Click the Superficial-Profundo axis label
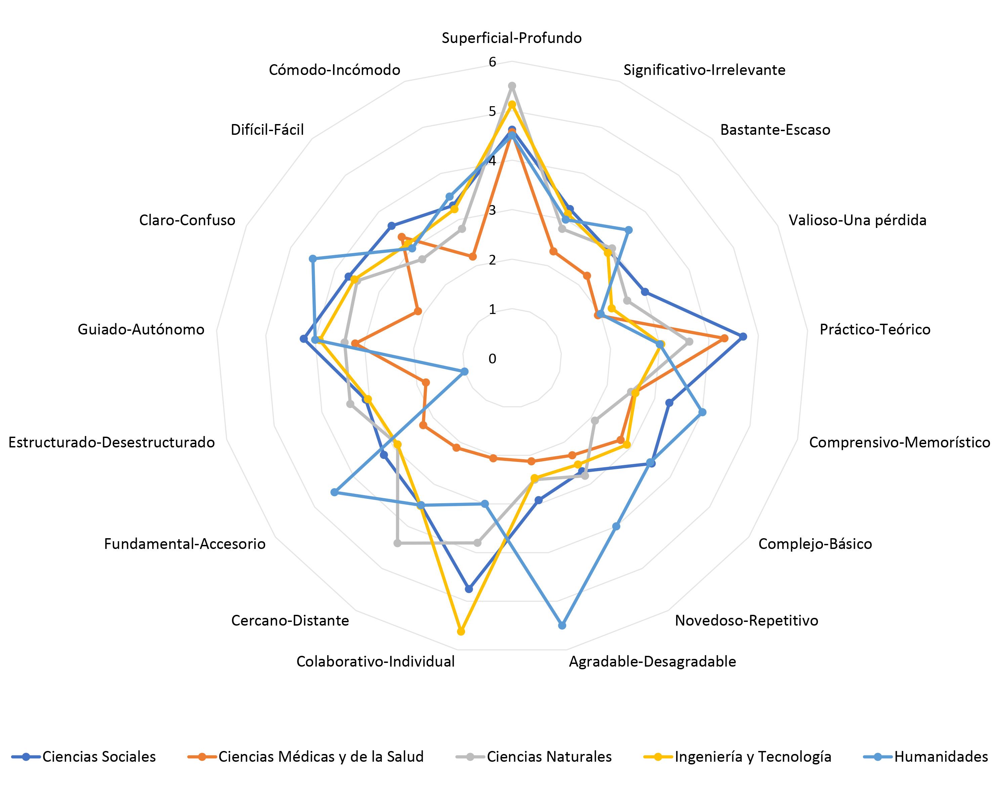(x=511, y=38)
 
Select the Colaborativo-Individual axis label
(x=375, y=662)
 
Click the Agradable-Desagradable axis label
(x=652, y=662)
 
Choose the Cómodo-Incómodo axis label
(x=334, y=70)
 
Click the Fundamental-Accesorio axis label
(x=185, y=544)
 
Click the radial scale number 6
(x=492, y=62)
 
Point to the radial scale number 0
(x=492, y=358)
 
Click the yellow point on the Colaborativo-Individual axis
(x=461, y=631)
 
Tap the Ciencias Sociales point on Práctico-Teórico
(x=743, y=336)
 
